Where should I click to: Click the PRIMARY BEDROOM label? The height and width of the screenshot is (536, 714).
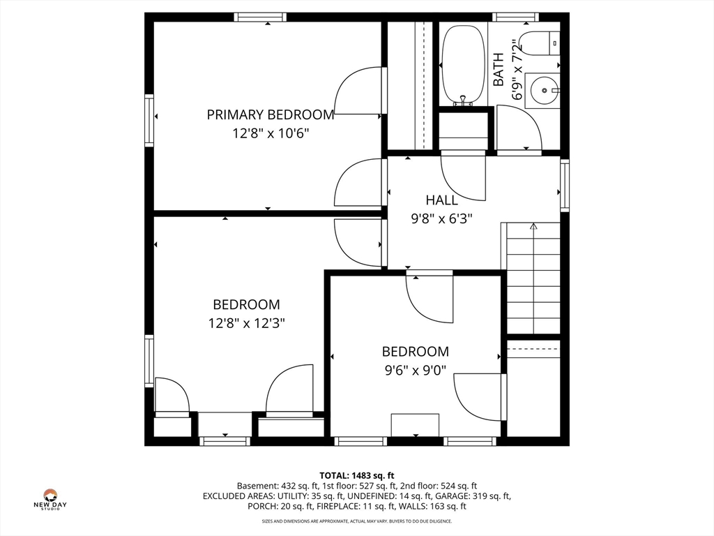click(271, 114)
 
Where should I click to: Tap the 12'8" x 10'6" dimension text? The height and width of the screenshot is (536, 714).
click(271, 133)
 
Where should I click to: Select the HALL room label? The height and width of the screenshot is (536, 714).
click(441, 200)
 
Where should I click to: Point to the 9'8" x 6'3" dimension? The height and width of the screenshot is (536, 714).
click(441, 218)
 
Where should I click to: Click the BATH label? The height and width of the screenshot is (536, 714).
click(499, 69)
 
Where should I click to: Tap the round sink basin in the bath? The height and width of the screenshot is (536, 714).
click(544, 90)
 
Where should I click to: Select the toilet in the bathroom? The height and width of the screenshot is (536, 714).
click(539, 43)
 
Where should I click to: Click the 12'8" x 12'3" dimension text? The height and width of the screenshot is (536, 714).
click(246, 323)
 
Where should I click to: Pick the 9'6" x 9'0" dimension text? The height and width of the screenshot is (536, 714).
click(416, 370)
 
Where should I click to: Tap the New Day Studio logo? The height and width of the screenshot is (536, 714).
click(50, 499)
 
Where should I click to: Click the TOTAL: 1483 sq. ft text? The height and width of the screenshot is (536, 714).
click(356, 476)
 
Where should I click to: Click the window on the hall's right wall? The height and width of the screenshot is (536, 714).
click(565, 185)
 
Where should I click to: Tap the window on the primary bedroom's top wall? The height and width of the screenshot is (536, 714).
click(261, 17)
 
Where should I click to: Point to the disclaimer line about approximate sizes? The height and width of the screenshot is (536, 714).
click(356, 521)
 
